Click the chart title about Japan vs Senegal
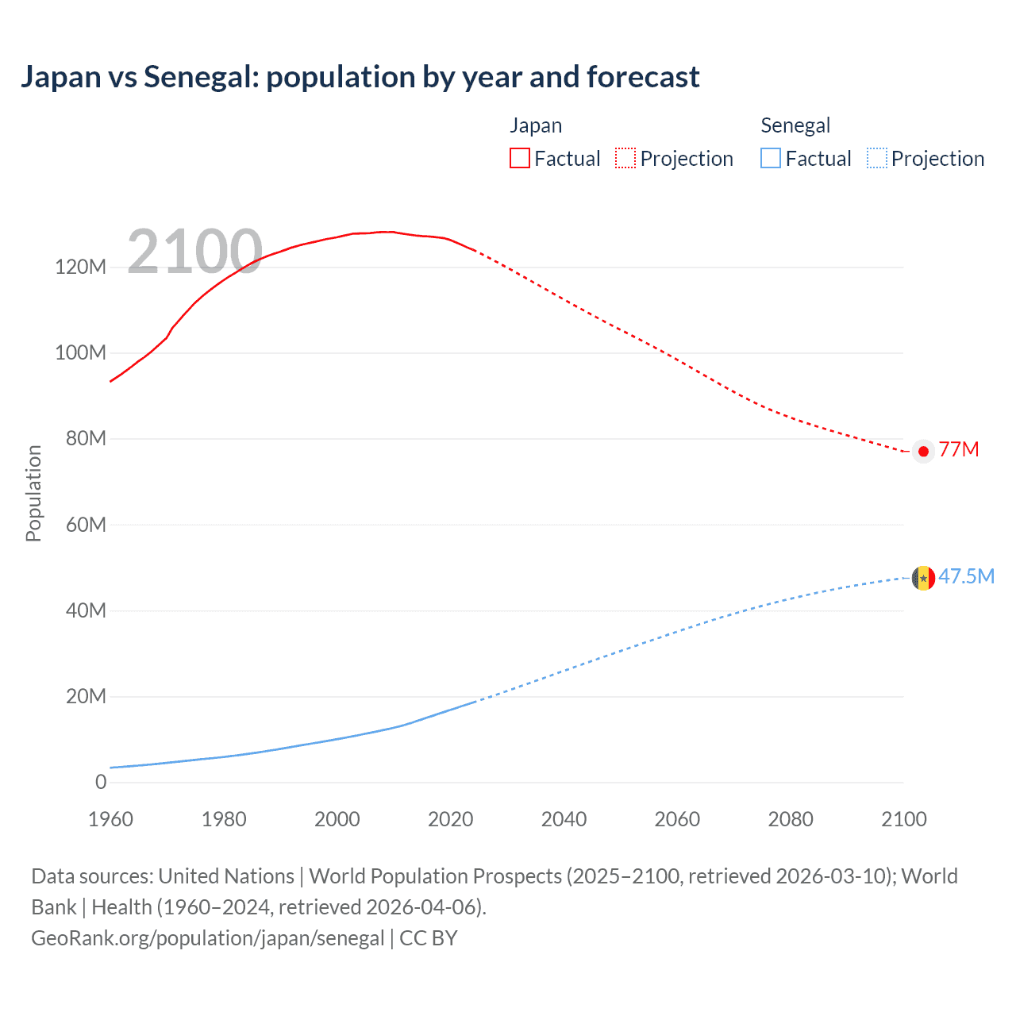tap(360, 77)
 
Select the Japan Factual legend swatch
tap(519, 159)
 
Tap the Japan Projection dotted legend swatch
tap(625, 159)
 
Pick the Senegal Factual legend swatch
tap(771, 159)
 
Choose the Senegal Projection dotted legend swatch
tap(876, 159)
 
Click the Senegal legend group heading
tap(795, 125)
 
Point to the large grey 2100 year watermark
tap(194, 252)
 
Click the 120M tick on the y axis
tap(80, 267)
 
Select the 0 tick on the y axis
tap(101, 782)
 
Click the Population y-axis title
tap(33, 493)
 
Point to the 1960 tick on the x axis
tap(110, 819)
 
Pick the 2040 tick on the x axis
tap(564, 819)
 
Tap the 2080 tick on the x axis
tap(791, 819)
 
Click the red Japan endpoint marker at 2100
tap(923, 451)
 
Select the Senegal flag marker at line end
tap(923, 578)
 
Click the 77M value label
tap(959, 450)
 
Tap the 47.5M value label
tap(966, 577)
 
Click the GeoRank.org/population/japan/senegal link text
tap(207, 938)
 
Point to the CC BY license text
tap(429, 938)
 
